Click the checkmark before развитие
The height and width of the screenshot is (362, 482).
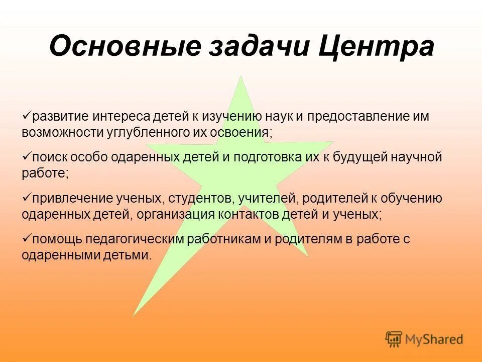(27, 116)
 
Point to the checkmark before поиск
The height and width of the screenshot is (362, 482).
(27, 156)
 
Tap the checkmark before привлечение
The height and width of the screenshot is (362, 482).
(27, 198)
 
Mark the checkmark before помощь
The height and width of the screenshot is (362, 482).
(27, 238)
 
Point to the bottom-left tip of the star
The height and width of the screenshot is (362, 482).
(134, 314)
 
